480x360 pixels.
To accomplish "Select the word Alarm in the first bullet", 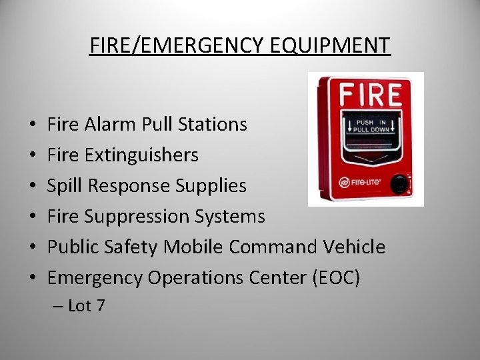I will tap(111, 125).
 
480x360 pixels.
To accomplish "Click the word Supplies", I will tap(211, 185).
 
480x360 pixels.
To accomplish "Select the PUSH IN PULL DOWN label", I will tap(373, 126).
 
